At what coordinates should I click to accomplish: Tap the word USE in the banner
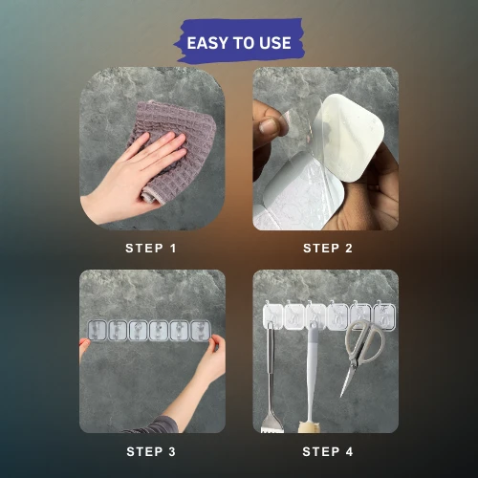click(x=275, y=43)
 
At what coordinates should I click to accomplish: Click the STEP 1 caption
click(x=151, y=249)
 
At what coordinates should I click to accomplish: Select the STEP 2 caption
click(x=328, y=249)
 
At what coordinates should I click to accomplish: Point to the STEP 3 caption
click(x=151, y=451)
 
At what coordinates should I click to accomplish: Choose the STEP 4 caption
click(x=328, y=451)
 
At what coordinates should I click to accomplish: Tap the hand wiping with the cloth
click(x=134, y=179)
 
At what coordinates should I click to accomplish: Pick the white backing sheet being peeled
click(x=354, y=137)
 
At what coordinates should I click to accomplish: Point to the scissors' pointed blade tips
click(x=342, y=395)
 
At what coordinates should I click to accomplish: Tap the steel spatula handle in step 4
click(x=271, y=366)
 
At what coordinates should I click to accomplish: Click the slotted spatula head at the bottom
click(x=272, y=423)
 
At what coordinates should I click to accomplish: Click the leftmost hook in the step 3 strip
click(x=97, y=330)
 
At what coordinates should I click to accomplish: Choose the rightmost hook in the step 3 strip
click(x=201, y=330)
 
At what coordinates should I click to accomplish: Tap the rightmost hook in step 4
click(x=384, y=315)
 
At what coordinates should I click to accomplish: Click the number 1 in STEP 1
click(x=173, y=249)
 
